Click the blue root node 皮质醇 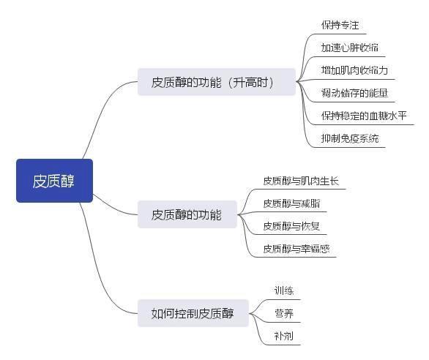[x=54, y=181]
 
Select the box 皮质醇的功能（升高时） [x=217, y=82]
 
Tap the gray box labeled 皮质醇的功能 [x=187, y=214]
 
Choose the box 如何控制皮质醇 [x=193, y=313]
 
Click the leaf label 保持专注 [x=340, y=25]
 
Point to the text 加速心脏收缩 [x=350, y=48]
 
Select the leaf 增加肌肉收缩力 [x=354, y=70]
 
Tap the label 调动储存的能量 [x=354, y=93]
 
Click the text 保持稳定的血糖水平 [x=364, y=116]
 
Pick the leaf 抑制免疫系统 [x=350, y=138]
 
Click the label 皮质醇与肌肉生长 [x=301, y=181]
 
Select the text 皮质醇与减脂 [x=291, y=203]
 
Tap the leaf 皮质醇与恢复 [x=291, y=226]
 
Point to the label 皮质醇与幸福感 [x=296, y=249]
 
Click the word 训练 [x=284, y=290]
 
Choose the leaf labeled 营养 [x=284, y=313]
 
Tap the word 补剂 [x=284, y=336]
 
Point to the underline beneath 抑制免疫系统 [x=348, y=148]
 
